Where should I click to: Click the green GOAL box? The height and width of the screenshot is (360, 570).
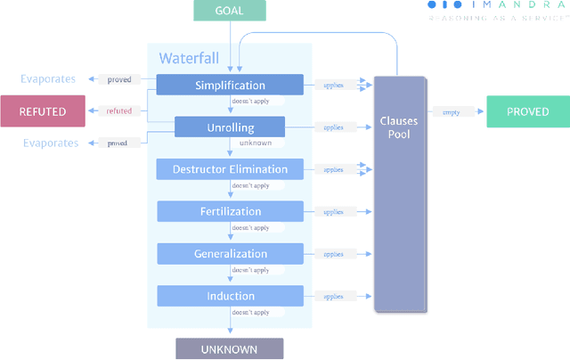pos(229,11)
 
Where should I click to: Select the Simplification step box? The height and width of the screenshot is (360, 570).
pos(230,86)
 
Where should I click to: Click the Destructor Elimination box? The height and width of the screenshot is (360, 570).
pos(230,169)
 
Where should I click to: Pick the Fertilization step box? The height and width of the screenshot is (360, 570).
pos(230,211)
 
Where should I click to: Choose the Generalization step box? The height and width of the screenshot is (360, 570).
pos(230,254)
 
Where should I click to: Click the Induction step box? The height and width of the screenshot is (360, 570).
pos(230,296)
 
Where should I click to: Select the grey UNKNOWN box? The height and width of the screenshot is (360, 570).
pos(229,349)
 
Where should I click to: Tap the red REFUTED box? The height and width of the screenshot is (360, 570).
pos(43,110)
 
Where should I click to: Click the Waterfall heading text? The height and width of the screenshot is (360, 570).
pos(189,59)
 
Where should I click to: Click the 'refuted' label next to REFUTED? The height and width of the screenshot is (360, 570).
pos(118,110)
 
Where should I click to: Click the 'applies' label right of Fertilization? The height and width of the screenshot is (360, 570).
pos(333,212)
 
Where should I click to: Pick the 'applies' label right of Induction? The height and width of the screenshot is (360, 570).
pos(333,297)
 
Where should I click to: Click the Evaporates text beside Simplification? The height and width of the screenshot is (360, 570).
pos(49,79)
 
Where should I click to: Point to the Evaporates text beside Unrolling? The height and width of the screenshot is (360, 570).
pos(49,143)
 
